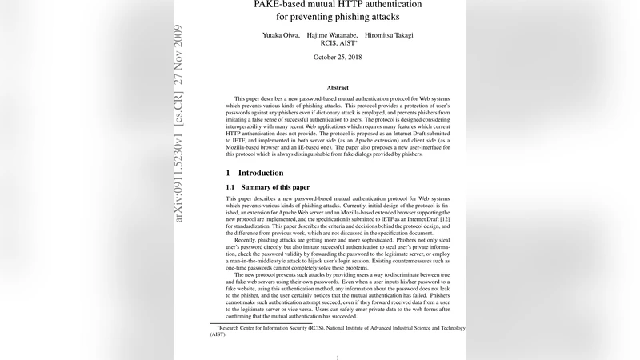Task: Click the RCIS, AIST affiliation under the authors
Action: pyautogui.click(x=338, y=44)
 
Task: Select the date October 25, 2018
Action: pyautogui.click(x=338, y=58)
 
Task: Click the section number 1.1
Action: pyautogui.click(x=231, y=187)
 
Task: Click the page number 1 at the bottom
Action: pyautogui.click(x=338, y=358)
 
